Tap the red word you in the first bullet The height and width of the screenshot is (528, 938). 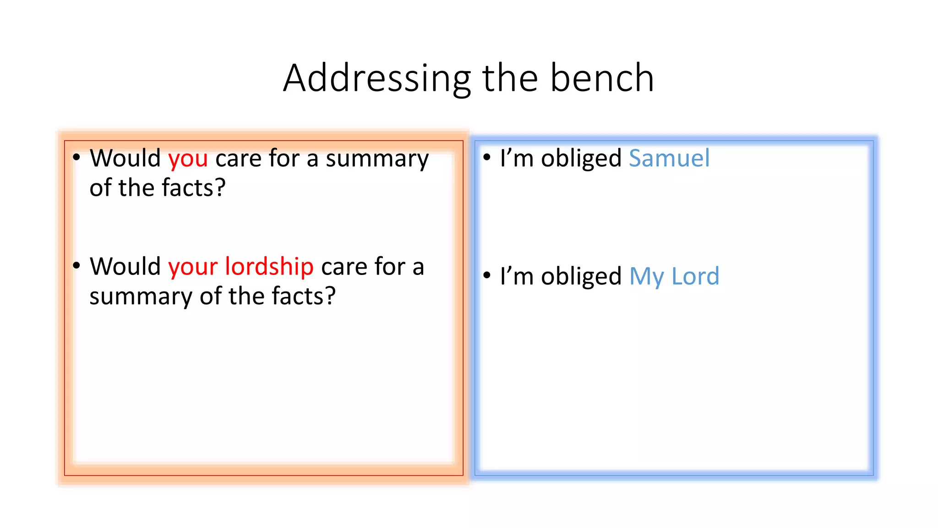(x=188, y=159)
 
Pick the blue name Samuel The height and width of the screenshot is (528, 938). (x=669, y=158)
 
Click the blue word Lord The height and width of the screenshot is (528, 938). (x=695, y=276)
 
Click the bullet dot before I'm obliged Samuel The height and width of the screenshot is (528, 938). (x=487, y=157)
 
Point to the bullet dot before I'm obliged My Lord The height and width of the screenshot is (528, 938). (x=487, y=275)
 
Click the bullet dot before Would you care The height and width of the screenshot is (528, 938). (x=76, y=157)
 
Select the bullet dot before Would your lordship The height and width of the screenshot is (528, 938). (x=76, y=265)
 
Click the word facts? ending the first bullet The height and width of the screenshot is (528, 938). (x=194, y=188)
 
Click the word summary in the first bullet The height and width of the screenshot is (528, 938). (x=377, y=159)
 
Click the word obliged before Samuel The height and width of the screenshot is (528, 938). (x=581, y=159)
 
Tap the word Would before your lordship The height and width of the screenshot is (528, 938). (x=125, y=266)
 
